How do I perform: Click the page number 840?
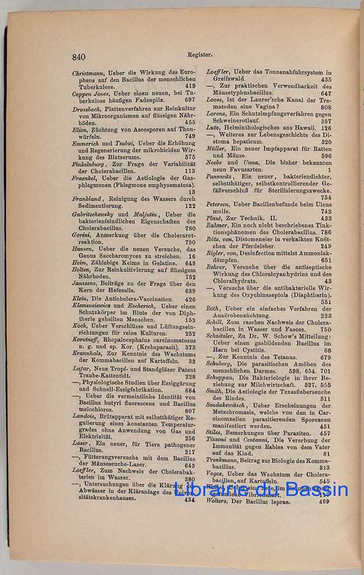pos(79,56)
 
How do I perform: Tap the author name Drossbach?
pos(87,109)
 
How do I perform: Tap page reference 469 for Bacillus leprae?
pos(324,501)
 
